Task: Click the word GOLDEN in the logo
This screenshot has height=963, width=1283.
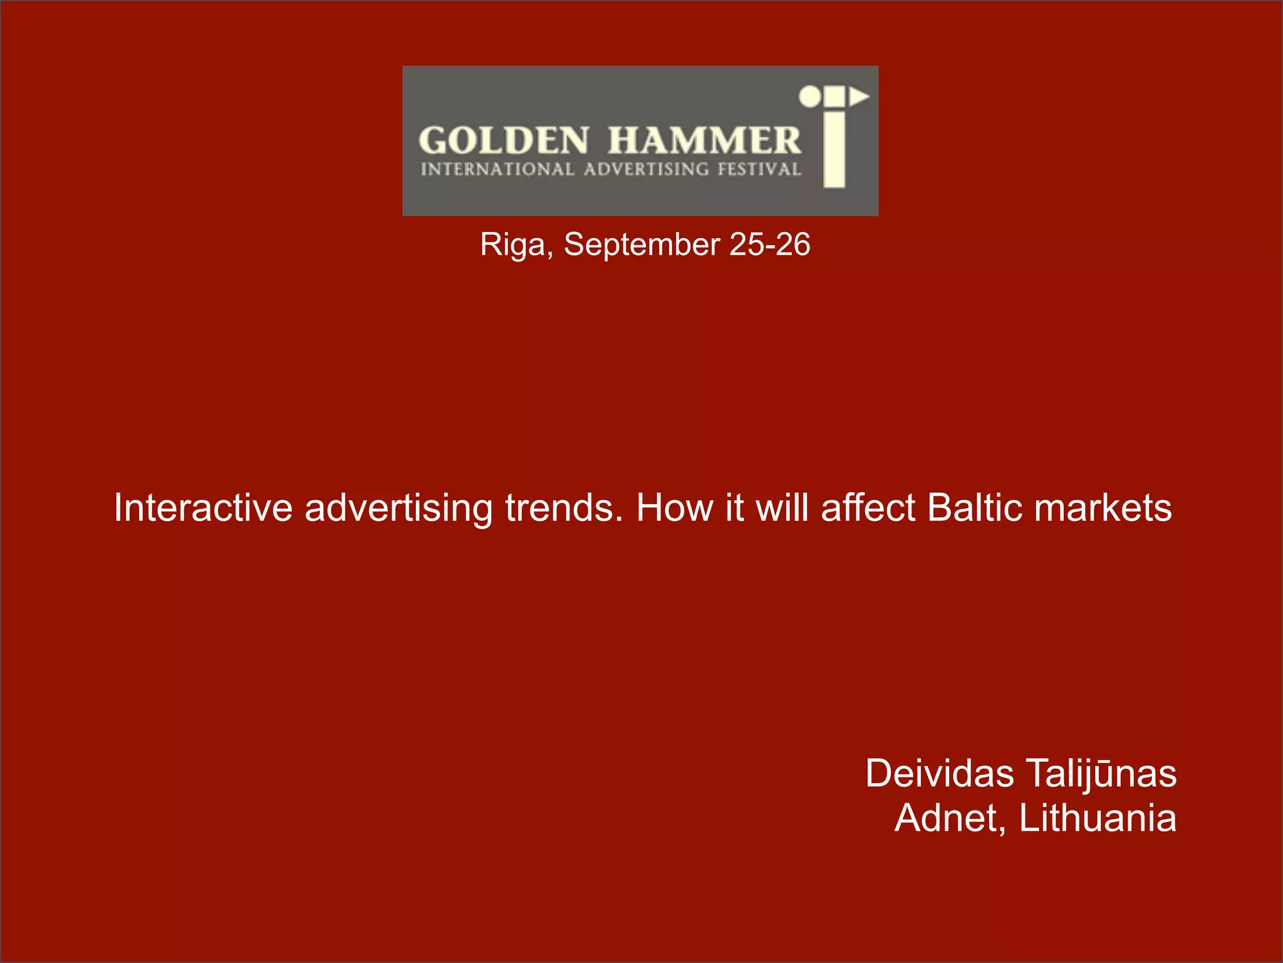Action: click(504, 140)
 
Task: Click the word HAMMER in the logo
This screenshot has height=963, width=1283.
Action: click(704, 140)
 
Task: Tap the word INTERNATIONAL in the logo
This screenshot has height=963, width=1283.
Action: click(497, 169)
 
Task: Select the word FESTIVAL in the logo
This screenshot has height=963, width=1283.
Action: click(759, 169)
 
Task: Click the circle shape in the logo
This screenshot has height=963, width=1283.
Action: click(809, 97)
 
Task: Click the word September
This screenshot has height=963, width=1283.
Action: click(641, 245)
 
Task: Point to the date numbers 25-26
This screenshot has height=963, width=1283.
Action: click(770, 245)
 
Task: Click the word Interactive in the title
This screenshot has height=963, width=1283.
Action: click(203, 508)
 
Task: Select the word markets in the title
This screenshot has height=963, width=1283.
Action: click(1103, 508)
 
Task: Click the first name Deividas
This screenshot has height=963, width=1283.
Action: click(939, 774)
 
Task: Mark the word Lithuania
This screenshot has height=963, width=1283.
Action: click(1098, 819)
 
